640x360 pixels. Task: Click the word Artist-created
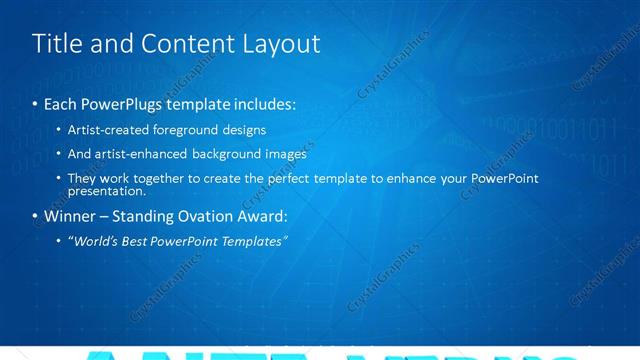pos(109,130)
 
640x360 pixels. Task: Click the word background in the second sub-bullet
pos(229,154)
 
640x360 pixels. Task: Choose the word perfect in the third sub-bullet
pos(297,178)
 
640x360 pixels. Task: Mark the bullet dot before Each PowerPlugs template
pos(36,104)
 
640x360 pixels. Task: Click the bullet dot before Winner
pos(36,217)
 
